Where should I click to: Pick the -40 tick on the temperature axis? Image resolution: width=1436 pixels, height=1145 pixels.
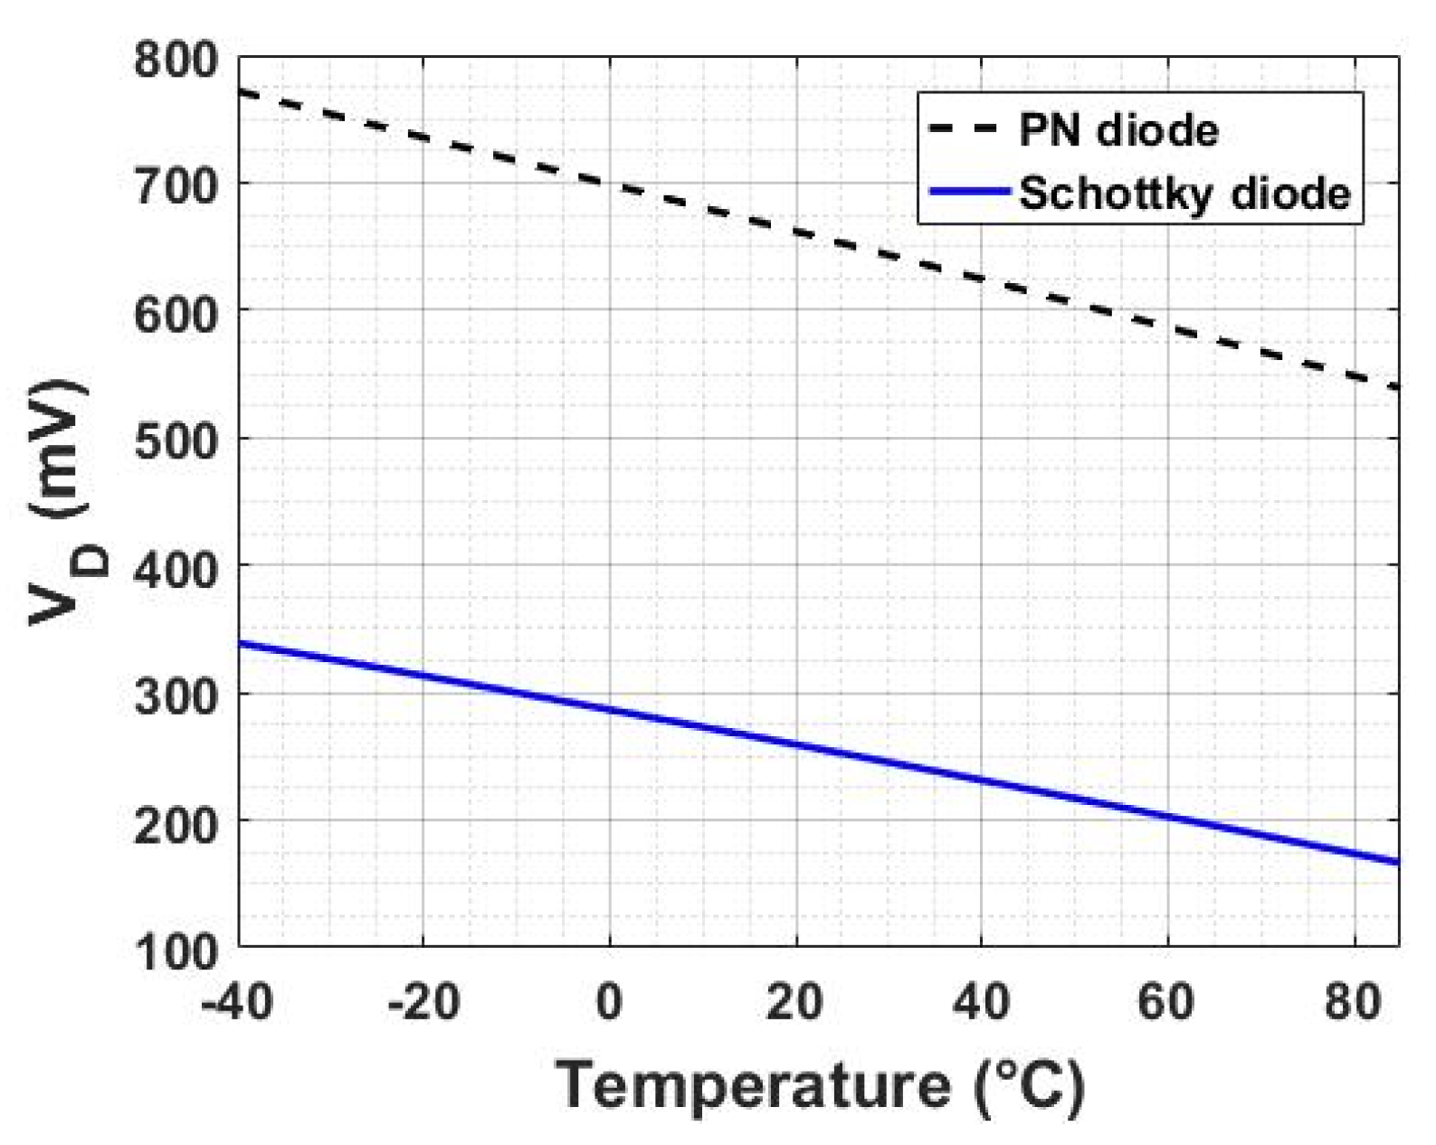237,1003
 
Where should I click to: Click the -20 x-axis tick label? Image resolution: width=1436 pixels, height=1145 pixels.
423,1003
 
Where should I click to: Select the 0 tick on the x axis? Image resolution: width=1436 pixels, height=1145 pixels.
609,1003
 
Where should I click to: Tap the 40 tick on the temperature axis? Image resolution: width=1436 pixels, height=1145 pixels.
981,1003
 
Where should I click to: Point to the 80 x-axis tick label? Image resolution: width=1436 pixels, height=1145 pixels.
1353,1003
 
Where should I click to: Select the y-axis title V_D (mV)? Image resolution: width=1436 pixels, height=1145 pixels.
63,502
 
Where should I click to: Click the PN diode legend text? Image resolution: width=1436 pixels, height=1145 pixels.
1118,130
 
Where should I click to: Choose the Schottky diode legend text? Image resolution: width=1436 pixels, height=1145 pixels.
1184,192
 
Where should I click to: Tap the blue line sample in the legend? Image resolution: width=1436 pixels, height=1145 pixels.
968,191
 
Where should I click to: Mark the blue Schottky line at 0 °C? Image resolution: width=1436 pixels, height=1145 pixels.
609,710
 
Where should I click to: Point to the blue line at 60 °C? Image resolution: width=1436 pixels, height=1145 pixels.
1167,817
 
